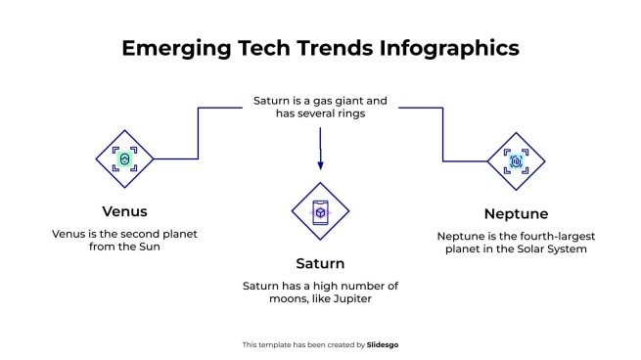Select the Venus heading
pyautogui.click(x=124, y=210)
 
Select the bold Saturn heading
pyautogui.click(x=320, y=263)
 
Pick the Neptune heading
pyautogui.click(x=516, y=213)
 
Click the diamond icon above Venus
pyautogui.click(x=124, y=158)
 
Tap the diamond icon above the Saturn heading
pyautogui.click(x=320, y=211)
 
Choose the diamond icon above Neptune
pyautogui.click(x=516, y=160)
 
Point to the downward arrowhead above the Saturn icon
pyautogui.click(x=320, y=169)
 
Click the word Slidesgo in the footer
pyautogui.click(x=383, y=344)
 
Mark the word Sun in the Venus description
pyautogui.click(x=148, y=247)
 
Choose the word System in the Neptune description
pyautogui.click(x=567, y=249)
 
